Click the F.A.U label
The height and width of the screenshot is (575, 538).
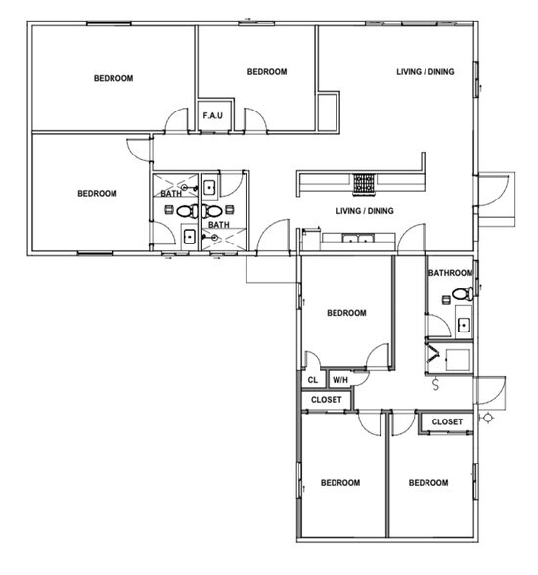214,116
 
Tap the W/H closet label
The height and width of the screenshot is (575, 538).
341,380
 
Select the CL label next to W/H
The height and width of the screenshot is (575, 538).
312,380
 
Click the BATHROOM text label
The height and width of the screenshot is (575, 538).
451,273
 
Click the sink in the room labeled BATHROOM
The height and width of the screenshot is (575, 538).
465,325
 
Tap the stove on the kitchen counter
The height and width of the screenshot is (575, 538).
364,182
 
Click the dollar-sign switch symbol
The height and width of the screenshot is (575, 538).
434,385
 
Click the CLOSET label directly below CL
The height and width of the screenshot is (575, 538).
327,400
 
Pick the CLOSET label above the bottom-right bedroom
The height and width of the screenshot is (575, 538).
447,421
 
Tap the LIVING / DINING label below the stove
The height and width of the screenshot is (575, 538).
365,211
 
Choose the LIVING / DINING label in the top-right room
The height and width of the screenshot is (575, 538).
425,71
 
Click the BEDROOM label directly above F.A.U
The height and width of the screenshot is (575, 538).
266,71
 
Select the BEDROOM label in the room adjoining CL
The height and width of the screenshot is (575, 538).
346,313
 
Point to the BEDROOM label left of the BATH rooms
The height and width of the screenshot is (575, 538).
97,193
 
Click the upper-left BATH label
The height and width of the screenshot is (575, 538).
171,194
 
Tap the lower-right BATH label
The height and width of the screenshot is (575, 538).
219,225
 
